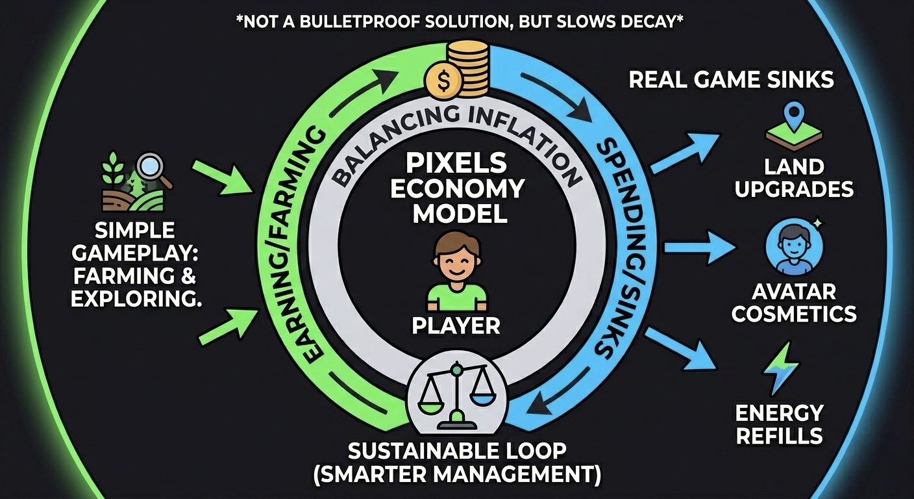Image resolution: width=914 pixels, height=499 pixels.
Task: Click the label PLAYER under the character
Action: [456, 325]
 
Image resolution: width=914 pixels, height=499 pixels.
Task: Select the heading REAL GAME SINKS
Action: [730, 80]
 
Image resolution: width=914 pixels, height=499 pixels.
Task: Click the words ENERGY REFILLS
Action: [778, 424]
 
